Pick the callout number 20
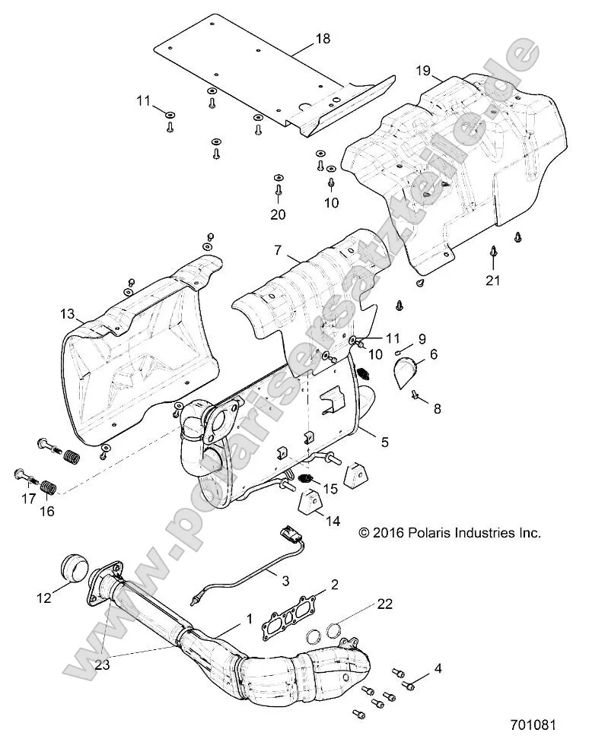(278, 215)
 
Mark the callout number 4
(437, 669)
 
